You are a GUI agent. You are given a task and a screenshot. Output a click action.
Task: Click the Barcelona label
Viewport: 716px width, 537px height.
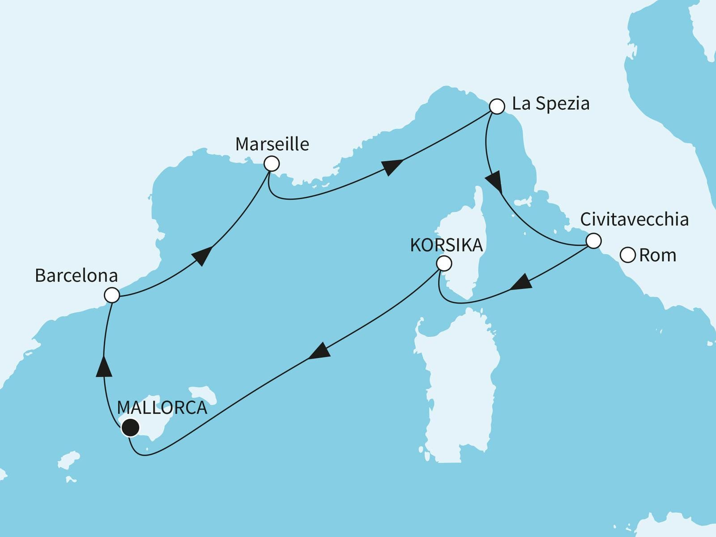pyautogui.click(x=76, y=276)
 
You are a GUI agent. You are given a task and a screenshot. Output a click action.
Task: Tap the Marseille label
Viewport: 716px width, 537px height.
pyautogui.click(x=272, y=144)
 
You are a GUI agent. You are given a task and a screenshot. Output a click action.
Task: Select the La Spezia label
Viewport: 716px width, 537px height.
pyautogui.click(x=550, y=104)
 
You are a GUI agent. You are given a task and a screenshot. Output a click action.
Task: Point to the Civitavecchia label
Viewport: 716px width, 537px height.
pyautogui.click(x=634, y=220)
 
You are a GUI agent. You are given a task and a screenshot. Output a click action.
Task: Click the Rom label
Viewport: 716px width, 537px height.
pyautogui.click(x=657, y=256)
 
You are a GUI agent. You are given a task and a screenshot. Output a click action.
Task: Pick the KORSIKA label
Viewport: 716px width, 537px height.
pyautogui.click(x=446, y=245)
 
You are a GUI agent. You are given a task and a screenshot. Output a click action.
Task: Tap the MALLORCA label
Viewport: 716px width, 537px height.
pyautogui.click(x=162, y=408)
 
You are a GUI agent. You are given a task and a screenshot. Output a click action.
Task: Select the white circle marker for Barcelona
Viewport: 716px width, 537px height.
pyautogui.click(x=112, y=295)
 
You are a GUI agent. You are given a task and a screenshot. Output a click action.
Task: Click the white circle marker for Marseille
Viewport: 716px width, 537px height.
pyautogui.click(x=272, y=164)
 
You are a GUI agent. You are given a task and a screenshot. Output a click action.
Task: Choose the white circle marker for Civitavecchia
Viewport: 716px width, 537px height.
pyautogui.click(x=593, y=241)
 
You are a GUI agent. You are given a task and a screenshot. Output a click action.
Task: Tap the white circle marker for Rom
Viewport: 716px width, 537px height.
pyautogui.click(x=628, y=256)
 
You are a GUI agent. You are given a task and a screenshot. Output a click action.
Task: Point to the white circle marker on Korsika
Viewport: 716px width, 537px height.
pyautogui.click(x=444, y=263)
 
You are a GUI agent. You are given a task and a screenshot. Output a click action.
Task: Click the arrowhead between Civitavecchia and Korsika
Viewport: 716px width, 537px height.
pyautogui.click(x=521, y=284)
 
